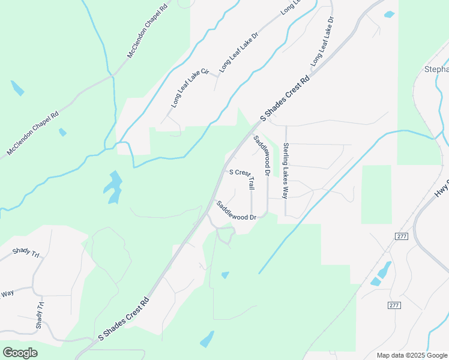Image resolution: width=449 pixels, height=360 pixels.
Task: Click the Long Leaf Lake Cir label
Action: (190, 88)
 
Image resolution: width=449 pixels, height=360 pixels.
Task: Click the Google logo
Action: (20, 352)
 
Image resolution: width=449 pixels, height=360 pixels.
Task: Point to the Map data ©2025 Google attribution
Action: (411, 355)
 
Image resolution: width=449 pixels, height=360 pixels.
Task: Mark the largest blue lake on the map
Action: (112, 187)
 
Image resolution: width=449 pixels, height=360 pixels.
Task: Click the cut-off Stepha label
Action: (436, 69)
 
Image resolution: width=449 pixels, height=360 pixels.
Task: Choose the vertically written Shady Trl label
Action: (40, 314)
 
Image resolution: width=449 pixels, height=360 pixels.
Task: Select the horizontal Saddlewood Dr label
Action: (237, 211)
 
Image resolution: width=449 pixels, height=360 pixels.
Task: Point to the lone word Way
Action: (7, 293)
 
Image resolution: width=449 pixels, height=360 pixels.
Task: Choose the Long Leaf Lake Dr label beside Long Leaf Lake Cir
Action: (238, 52)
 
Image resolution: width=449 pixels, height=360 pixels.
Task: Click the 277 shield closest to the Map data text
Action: (394, 305)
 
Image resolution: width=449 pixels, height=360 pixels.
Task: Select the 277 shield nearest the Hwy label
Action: (402, 236)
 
